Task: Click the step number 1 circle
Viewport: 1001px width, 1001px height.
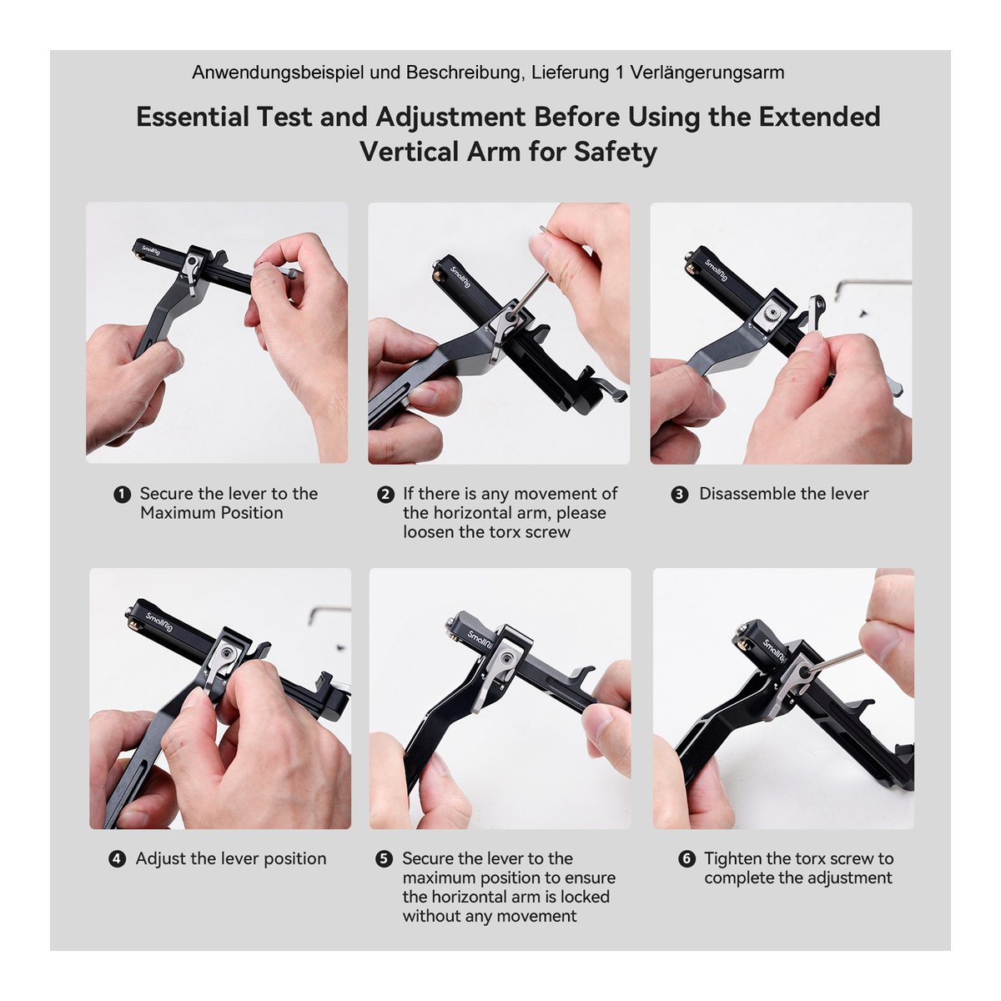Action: tap(122, 494)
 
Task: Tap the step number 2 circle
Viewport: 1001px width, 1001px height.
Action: tap(385, 494)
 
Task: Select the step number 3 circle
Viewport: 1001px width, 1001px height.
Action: tap(680, 494)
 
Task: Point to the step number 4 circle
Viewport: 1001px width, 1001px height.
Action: tap(118, 858)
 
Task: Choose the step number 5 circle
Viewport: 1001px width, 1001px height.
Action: tap(385, 858)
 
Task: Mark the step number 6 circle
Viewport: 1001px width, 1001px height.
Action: tap(687, 858)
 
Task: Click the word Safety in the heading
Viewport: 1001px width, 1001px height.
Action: tap(616, 153)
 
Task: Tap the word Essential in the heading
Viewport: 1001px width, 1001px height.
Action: tap(193, 116)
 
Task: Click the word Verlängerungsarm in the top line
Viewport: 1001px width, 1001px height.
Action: tap(707, 73)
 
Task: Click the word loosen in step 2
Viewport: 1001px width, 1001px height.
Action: tap(429, 532)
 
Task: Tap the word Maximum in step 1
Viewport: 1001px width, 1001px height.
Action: tap(178, 513)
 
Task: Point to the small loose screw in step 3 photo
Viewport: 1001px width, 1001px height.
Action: tap(863, 313)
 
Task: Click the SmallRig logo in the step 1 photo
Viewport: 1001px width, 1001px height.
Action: tap(151, 250)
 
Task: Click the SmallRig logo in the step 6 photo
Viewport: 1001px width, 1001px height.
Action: tap(773, 650)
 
